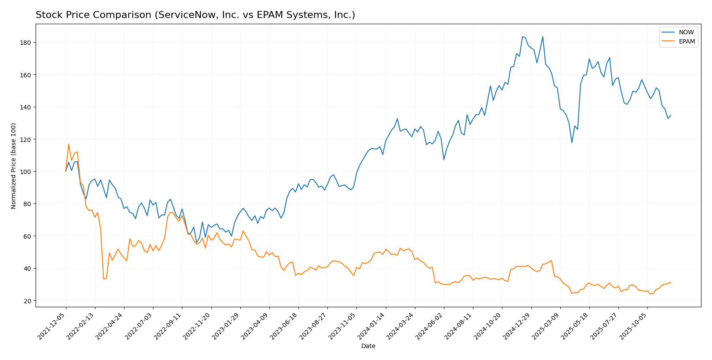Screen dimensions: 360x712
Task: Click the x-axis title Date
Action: click(x=368, y=346)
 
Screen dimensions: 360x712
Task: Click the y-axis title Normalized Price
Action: click(x=14, y=166)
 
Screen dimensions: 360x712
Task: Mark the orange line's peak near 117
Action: click(x=69, y=144)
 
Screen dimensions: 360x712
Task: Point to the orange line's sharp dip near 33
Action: click(x=104, y=279)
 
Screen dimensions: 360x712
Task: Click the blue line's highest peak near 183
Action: click(x=522, y=37)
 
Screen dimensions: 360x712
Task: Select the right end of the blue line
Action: click(x=671, y=116)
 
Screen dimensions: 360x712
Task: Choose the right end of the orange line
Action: click(x=671, y=282)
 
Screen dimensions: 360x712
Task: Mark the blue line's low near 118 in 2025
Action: click(x=572, y=142)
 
